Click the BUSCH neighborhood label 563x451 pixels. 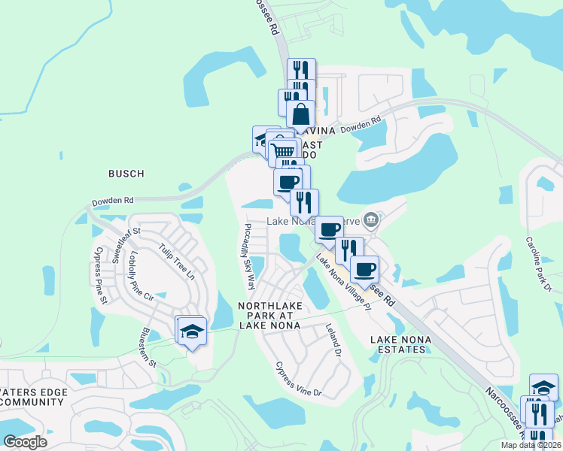click(126, 174)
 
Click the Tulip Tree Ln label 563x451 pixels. click(176, 260)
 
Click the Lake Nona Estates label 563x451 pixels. click(401, 347)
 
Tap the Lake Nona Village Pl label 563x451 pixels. click(344, 282)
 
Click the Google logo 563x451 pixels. click(25, 442)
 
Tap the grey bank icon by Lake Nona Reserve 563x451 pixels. click(370, 220)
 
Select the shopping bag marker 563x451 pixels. click(300, 115)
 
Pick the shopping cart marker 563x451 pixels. click(284, 151)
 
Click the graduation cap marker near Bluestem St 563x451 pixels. click(192, 331)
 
